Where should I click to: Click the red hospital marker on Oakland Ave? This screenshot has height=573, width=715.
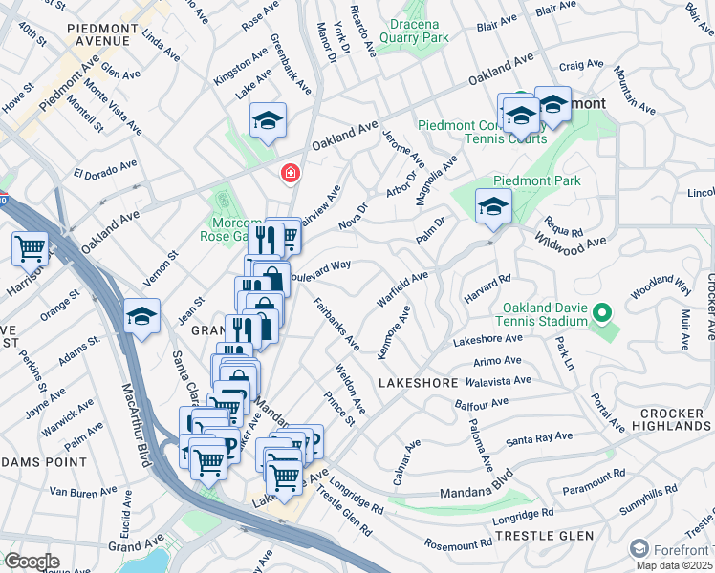pos(287,174)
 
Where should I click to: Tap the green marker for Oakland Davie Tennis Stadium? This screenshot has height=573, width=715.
pos(601,312)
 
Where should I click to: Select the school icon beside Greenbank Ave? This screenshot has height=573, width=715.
pos(269,121)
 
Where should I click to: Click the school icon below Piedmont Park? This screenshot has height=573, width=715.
pos(493,206)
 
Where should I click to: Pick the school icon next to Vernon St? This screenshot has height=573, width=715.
pos(141,317)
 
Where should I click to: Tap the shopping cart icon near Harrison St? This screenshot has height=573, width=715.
pos(31,249)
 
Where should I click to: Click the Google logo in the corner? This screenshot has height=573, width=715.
pos(32,562)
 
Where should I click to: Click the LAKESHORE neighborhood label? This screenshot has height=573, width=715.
pos(418,383)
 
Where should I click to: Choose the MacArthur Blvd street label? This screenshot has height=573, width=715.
pos(137,425)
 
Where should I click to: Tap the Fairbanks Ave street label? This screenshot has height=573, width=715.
pos(336,324)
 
